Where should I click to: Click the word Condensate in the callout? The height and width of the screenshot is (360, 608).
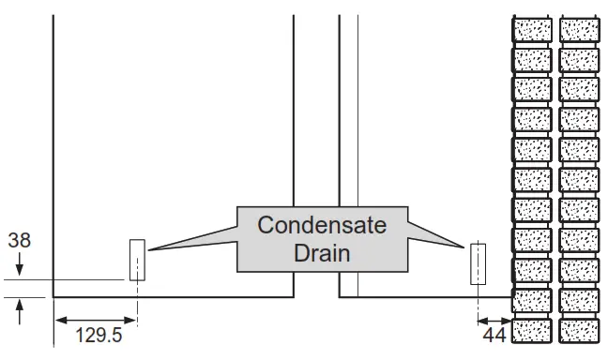[321, 226]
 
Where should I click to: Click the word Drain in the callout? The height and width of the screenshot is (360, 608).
[321, 253]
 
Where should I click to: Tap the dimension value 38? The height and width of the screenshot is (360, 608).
[19, 240]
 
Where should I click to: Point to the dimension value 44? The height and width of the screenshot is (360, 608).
[494, 334]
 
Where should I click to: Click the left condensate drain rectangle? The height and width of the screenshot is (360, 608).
[137, 260]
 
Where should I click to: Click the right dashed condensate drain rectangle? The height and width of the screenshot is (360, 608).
[479, 263]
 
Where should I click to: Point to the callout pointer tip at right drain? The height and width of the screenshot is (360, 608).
[466, 247]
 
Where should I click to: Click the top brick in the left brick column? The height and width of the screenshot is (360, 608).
[531, 30]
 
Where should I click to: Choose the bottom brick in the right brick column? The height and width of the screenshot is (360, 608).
[579, 331]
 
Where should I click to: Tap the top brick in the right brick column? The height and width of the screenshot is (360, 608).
[579, 30]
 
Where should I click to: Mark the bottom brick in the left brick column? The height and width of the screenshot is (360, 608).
[531, 331]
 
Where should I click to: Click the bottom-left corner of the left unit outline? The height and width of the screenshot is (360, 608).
[53, 297]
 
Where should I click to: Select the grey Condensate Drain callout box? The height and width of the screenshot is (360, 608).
[321, 239]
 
